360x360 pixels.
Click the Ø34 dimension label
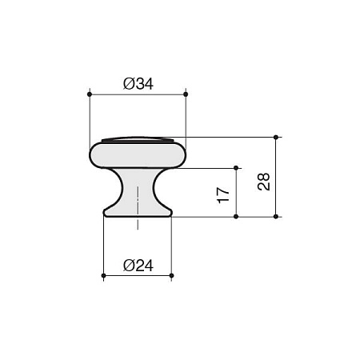(138, 84)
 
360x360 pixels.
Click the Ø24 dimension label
(138, 266)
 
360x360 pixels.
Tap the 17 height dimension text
(223, 195)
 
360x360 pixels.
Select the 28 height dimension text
(264, 182)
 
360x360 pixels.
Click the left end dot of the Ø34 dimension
(90, 94)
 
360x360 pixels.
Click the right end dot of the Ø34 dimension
(186, 94)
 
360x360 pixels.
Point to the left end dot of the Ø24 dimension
(103, 275)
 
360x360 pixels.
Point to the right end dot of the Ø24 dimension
(171, 275)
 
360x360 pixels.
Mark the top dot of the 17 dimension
(236, 168)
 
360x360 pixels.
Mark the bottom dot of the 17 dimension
(236, 217)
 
